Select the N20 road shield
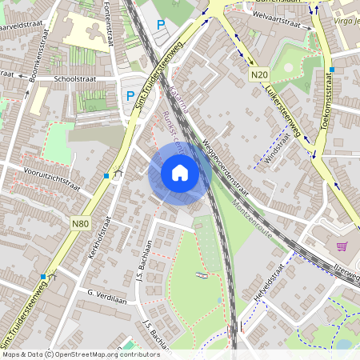coord(258,76)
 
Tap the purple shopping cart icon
coord(342,246)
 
